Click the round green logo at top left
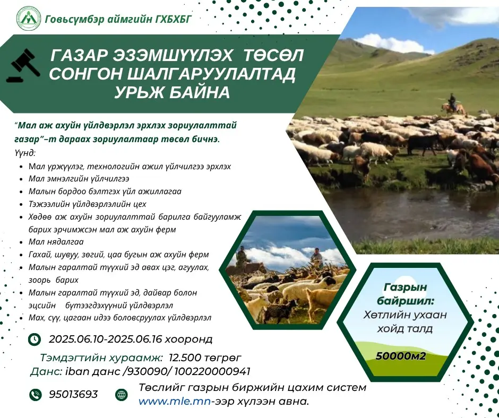29,19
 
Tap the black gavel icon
23,66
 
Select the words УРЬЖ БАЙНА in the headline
172,92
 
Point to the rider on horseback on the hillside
453,105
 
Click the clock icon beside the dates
35,339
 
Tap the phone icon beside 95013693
36,395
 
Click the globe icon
121,395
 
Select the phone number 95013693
73,394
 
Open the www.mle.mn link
175,402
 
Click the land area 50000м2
401,356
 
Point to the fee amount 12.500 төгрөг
205,358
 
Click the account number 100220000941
212,371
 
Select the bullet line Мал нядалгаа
56,242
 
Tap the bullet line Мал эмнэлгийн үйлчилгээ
79,179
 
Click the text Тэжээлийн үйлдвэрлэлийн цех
88,204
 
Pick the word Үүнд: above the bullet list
25,153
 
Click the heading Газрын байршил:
405,294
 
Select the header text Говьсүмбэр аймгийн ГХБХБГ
118,20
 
